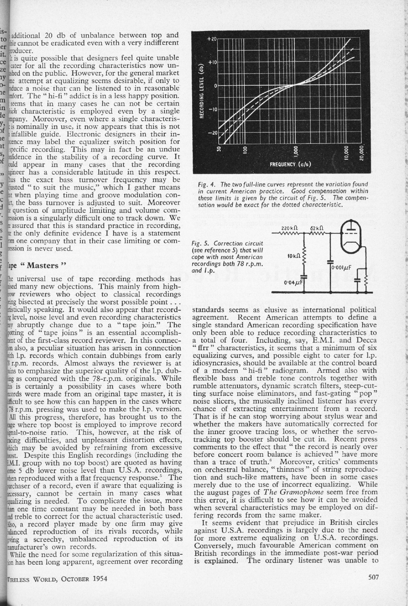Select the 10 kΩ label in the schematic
[x=294, y=256]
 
